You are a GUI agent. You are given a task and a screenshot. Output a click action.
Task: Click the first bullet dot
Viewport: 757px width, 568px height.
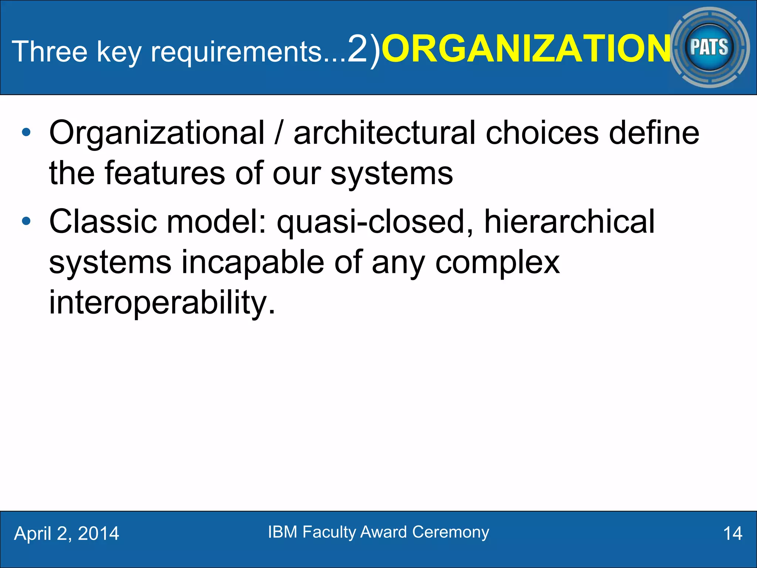(26, 133)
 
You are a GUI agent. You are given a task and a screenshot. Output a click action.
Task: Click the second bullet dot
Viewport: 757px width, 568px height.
(26, 222)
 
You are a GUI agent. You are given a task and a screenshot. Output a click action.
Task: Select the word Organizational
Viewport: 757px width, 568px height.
(157, 133)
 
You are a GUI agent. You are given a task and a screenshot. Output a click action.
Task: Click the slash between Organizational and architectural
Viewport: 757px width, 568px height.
(279, 133)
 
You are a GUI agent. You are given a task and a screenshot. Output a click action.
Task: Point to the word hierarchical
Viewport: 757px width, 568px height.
(569, 222)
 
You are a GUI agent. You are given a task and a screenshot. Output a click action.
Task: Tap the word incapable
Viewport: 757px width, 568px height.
(253, 263)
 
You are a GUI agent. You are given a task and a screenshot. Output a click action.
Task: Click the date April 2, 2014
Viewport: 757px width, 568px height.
(67, 534)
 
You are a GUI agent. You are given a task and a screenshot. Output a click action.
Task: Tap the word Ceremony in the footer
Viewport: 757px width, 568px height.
(451, 532)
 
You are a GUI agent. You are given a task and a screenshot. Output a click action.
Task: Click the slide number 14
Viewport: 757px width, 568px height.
(732, 534)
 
